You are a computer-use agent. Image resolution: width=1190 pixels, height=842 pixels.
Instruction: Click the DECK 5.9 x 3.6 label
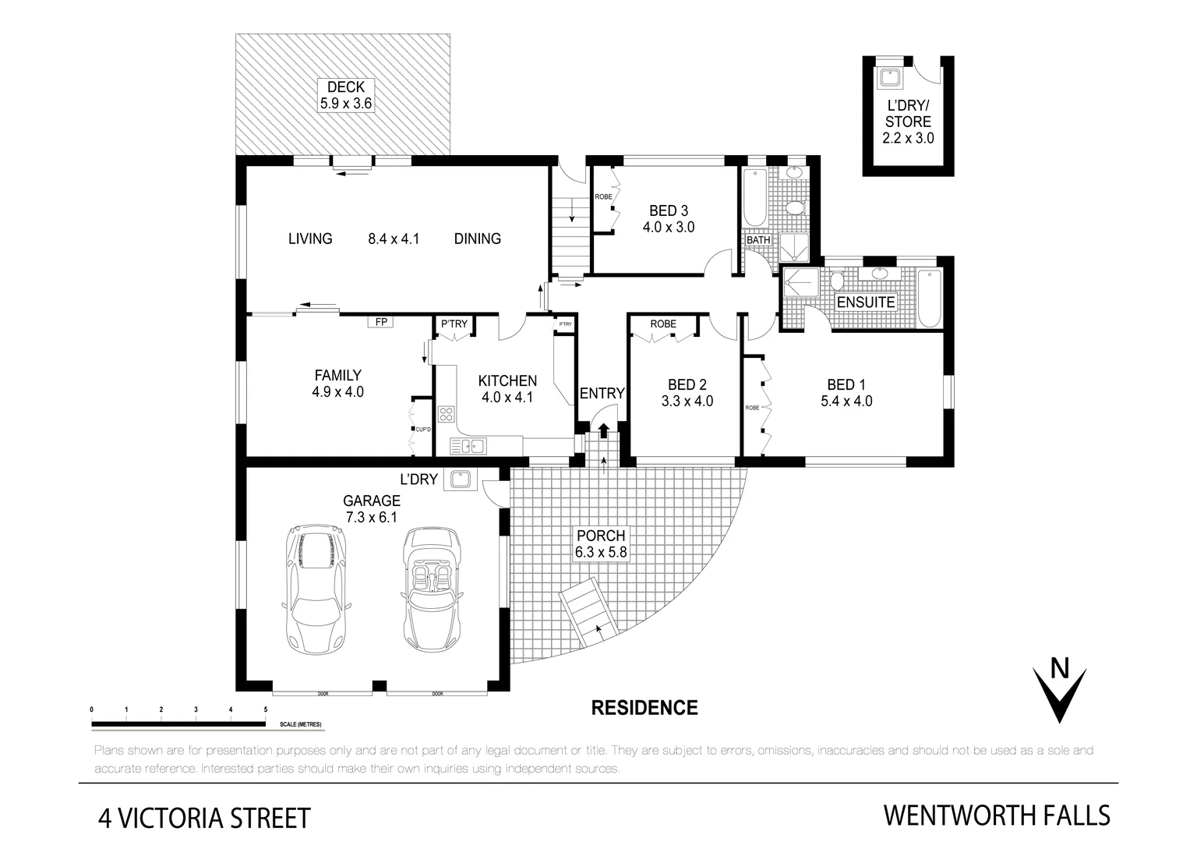pos(345,94)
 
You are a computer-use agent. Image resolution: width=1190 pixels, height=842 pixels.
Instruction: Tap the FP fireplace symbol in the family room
pos(381,321)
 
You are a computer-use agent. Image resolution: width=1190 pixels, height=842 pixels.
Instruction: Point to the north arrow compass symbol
pos(1059,691)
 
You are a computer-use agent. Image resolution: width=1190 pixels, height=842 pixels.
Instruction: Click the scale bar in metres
pos(178,723)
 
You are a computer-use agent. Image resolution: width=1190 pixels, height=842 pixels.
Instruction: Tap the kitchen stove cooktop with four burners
pos(447,414)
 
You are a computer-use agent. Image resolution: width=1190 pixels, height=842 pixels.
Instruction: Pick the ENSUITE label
pos(865,302)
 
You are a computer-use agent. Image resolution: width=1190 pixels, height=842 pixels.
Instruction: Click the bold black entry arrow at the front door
pos(603,430)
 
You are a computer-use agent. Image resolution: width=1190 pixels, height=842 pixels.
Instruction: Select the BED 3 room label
pos(668,210)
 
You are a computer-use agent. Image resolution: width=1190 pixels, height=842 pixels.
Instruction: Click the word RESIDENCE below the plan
pos(644,708)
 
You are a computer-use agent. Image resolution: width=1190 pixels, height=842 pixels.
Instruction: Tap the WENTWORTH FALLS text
pos(996,815)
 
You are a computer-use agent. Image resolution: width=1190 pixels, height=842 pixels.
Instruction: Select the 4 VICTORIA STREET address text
pos(204,818)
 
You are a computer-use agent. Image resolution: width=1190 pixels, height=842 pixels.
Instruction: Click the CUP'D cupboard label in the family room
pos(423,430)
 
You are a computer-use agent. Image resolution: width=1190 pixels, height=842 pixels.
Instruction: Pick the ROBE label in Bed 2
pos(663,324)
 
